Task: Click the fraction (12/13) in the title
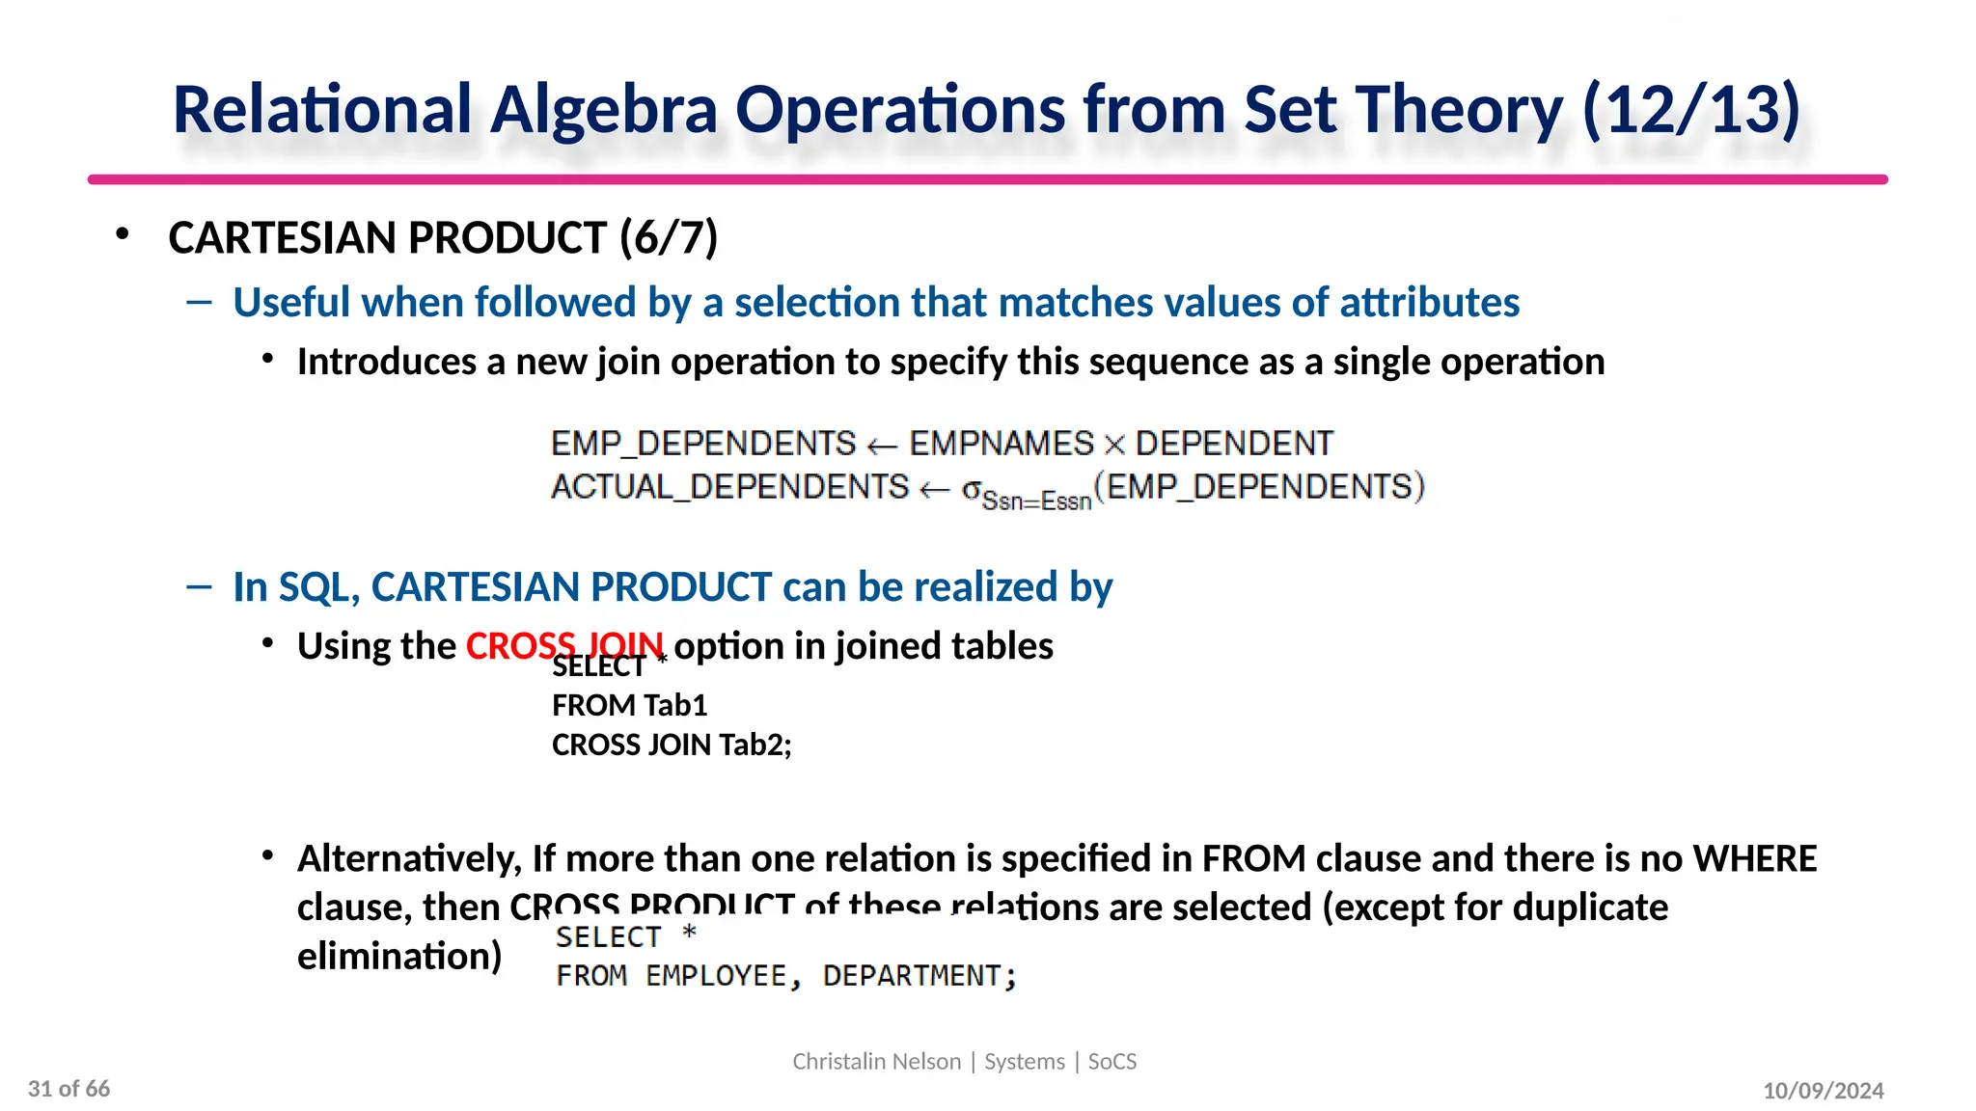pyautogui.click(x=1690, y=110)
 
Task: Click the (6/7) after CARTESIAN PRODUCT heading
pyautogui.click(x=669, y=238)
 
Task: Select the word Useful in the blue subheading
pyautogui.click(x=290, y=303)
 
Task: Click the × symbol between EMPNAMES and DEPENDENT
pyautogui.click(x=1114, y=445)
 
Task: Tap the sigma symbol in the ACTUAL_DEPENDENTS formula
pyautogui.click(x=971, y=489)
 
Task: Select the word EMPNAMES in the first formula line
pyautogui.click(x=1002, y=444)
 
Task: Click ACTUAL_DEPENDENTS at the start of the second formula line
pyautogui.click(x=729, y=487)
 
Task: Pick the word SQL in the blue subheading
pyautogui.click(x=314, y=587)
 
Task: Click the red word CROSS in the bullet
pyautogui.click(x=519, y=644)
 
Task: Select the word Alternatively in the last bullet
pyautogui.click(x=409, y=858)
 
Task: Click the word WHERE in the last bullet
pyautogui.click(x=1754, y=858)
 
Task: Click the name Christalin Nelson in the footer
pyautogui.click(x=876, y=1062)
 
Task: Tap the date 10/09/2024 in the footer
pyautogui.click(x=1823, y=1091)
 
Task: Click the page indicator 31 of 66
pyautogui.click(x=69, y=1089)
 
